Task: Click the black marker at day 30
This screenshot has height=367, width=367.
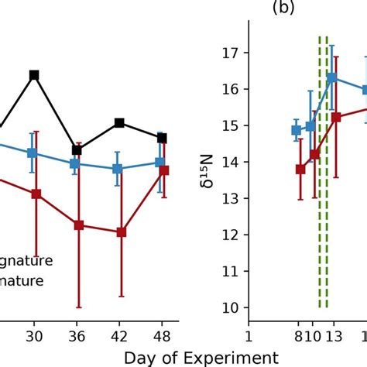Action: [x=34, y=75]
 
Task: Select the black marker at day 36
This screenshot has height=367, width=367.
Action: [x=76, y=149]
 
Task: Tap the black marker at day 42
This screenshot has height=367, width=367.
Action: [x=119, y=122]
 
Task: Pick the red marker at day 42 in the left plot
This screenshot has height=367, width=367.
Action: [x=119, y=232]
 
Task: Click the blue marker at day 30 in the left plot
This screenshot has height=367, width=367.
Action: [x=33, y=153]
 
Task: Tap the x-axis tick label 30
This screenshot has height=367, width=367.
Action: [x=33, y=336]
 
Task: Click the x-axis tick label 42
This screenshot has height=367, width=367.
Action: [x=119, y=336]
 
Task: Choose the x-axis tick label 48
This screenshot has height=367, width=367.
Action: [x=161, y=336]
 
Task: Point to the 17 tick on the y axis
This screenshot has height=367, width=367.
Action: [x=233, y=53]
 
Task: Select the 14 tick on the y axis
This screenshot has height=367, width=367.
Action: [x=233, y=162]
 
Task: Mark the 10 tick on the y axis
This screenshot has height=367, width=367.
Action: [x=233, y=307]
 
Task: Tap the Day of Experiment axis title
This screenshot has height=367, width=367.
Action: [x=201, y=357]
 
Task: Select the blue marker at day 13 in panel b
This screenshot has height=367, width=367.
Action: [x=332, y=77]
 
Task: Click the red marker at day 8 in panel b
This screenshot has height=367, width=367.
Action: [x=300, y=169]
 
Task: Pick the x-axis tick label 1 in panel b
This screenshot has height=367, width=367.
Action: [x=249, y=336]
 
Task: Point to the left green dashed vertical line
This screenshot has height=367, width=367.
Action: [x=320, y=170]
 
